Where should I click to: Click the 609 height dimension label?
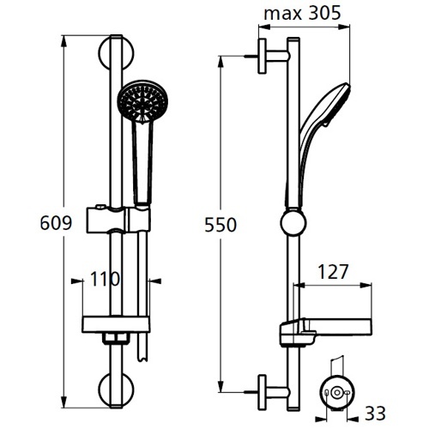pos(56,223)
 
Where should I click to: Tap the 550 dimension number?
pos(221,225)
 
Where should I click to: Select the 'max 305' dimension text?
pos(302,13)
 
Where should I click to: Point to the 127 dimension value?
pos(333,272)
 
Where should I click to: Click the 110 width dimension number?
pos(105,279)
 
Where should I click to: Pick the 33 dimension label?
pos(375,413)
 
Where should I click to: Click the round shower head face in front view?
pos(142,101)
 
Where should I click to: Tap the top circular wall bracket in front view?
pos(116,53)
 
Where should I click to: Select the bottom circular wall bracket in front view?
pos(116,390)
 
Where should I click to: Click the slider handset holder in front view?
pos(118,219)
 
